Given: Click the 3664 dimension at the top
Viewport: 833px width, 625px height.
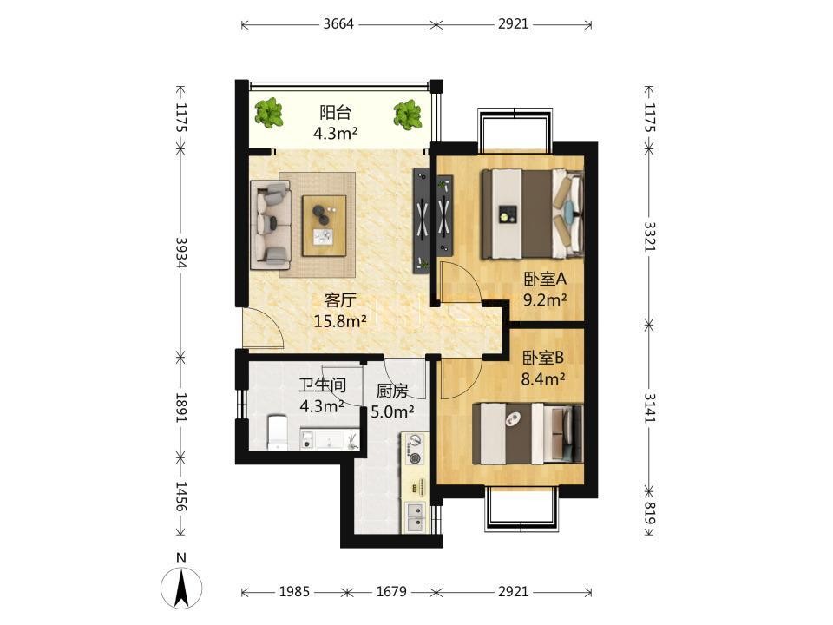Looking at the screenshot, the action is coord(338,24).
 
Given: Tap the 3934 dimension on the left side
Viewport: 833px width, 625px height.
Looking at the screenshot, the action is coord(181,253).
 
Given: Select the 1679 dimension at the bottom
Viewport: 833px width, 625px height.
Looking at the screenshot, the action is coord(391,591).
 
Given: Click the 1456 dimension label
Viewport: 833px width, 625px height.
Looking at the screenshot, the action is coord(181,497).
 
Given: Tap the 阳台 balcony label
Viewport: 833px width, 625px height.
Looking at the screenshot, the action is coord(335,112).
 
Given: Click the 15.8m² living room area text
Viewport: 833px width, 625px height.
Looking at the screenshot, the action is coord(340,321).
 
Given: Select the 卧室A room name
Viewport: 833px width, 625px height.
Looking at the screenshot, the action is coord(545,279).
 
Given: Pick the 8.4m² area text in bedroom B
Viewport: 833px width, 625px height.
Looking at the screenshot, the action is coord(542,379).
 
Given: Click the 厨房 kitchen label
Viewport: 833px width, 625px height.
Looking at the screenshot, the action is coord(392,391).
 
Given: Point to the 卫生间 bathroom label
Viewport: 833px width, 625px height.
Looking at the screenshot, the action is coord(323,385).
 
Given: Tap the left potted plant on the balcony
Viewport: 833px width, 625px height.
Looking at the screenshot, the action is coord(269,113).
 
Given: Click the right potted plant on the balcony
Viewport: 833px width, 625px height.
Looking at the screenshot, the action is coord(408,114).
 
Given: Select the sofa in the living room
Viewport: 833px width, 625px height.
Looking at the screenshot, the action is coord(271,224).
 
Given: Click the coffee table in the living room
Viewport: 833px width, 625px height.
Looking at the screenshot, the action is coord(325,226).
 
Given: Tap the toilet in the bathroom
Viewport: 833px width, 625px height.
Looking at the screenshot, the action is coord(278,432).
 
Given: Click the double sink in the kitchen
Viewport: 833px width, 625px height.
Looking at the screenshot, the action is coord(415,517).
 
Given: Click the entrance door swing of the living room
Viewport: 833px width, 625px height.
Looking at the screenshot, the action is coord(261,328).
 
